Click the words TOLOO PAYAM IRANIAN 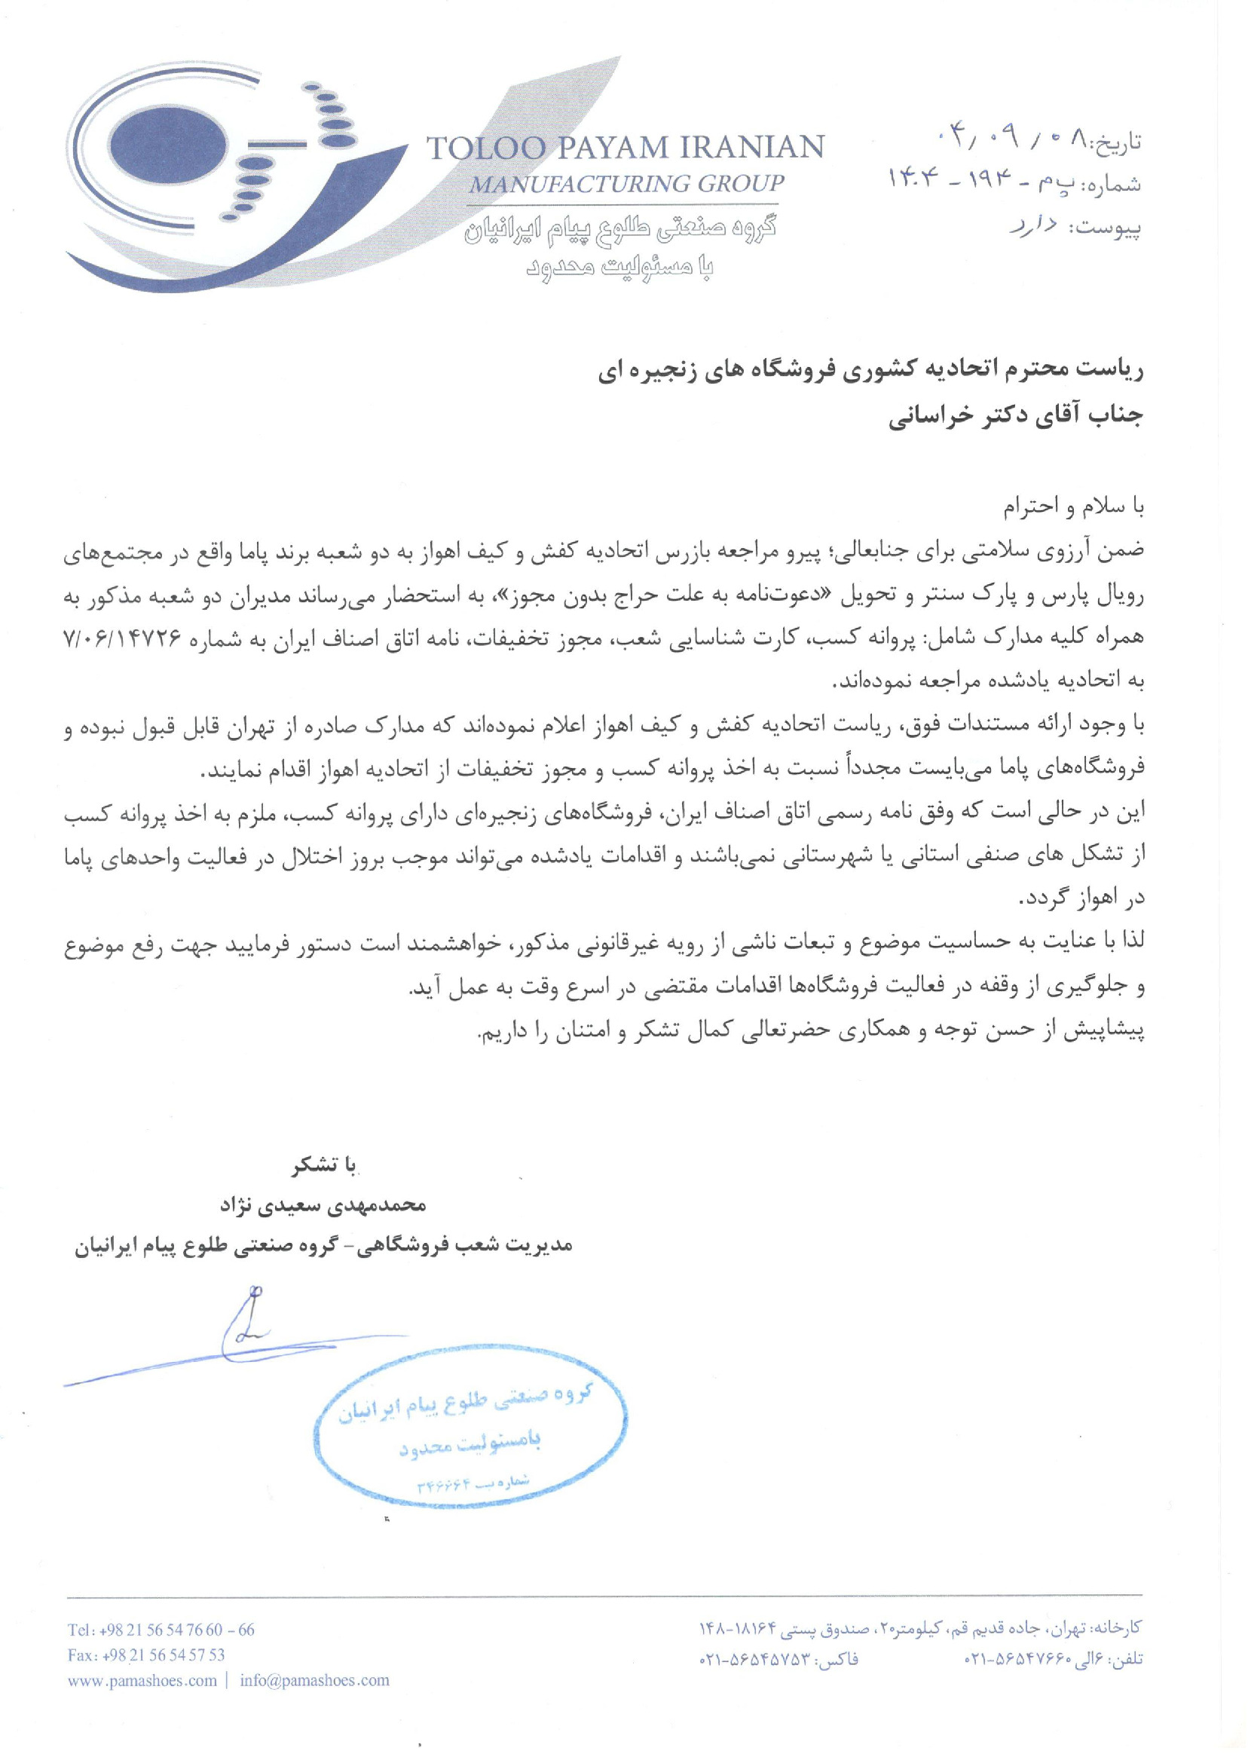[x=625, y=147]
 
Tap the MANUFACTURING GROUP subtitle [x=626, y=184]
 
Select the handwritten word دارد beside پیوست [x=1035, y=226]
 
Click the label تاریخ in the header [x=1118, y=143]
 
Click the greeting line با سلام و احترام [x=1074, y=507]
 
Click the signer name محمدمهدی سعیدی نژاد [x=323, y=1205]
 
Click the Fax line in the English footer [x=146, y=1654]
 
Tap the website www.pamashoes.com [x=142, y=1680]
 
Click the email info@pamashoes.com [x=314, y=1680]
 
